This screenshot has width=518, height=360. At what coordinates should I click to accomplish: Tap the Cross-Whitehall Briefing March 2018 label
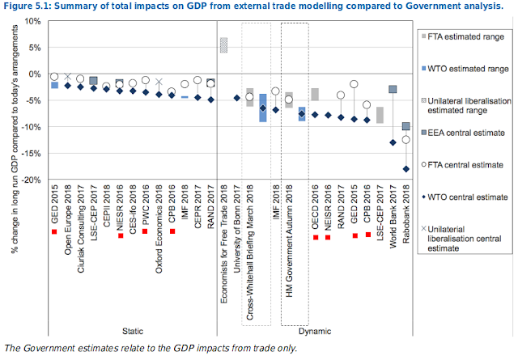[249, 254]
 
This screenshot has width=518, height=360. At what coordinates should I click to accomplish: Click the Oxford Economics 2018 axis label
[159, 231]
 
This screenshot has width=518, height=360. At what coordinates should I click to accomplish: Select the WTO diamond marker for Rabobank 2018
[405, 169]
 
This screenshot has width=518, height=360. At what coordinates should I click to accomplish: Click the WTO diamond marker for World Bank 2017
[393, 142]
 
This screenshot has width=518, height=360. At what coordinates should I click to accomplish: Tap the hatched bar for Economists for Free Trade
[224, 45]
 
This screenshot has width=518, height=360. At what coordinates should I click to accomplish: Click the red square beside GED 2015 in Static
[54, 232]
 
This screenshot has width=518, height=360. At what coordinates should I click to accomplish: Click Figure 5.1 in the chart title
[29, 7]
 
